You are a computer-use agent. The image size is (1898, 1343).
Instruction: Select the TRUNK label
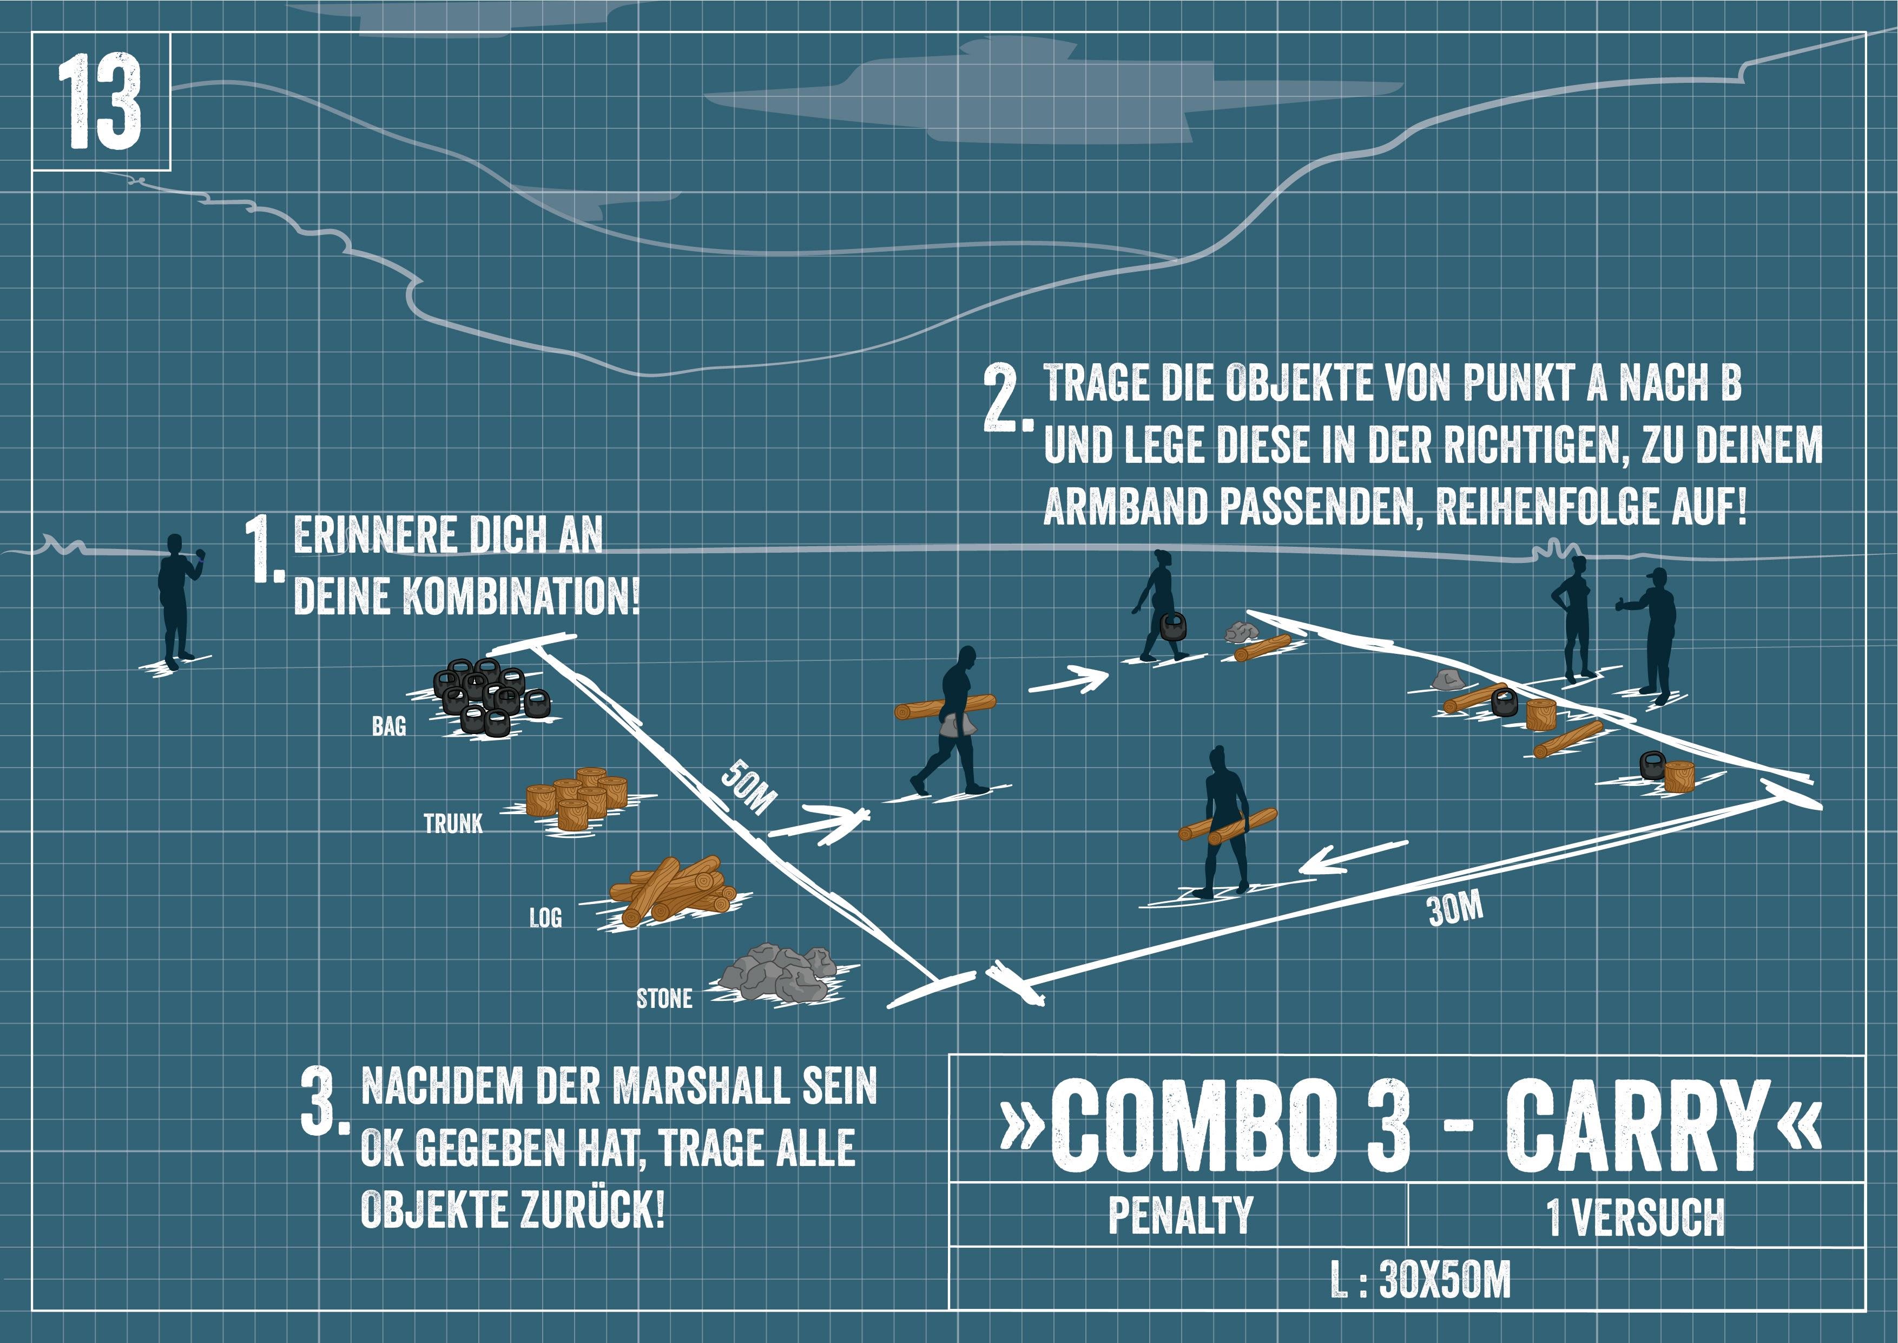453,824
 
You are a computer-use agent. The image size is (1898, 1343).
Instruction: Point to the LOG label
545,917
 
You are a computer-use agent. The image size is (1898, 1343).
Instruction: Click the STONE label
664,999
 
